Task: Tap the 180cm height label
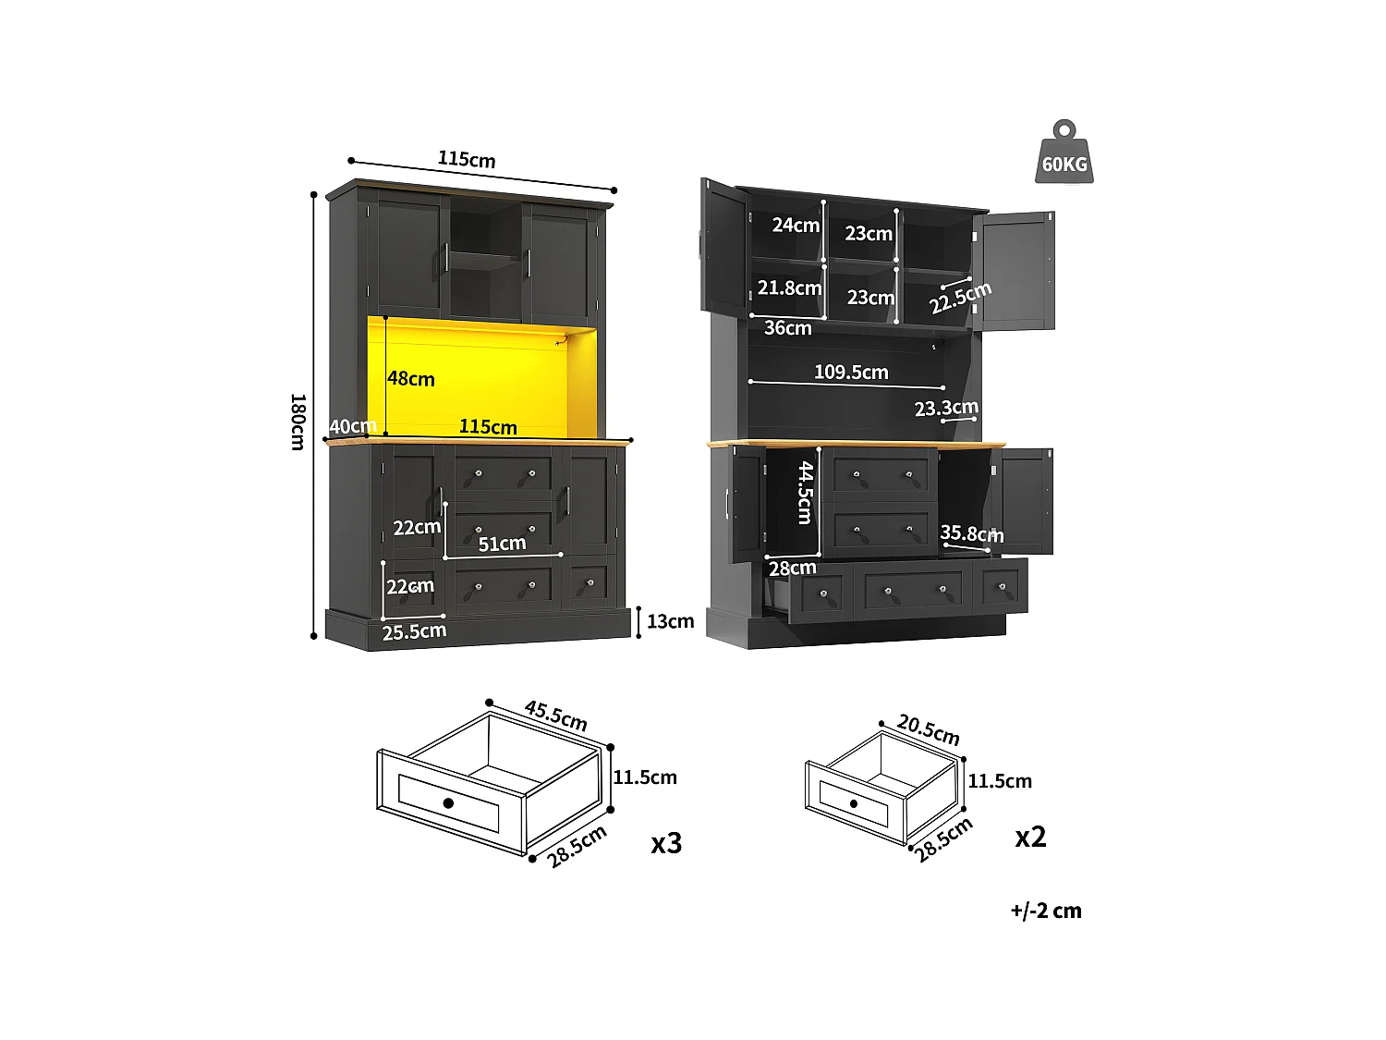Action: [x=298, y=422]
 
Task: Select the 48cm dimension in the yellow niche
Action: [x=411, y=379]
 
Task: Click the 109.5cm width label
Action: [x=851, y=373]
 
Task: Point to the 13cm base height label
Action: [x=670, y=622]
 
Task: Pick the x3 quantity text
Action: [x=666, y=843]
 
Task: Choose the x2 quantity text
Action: [x=1030, y=837]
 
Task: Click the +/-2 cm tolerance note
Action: [x=1046, y=911]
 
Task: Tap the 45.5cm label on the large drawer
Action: [x=555, y=716]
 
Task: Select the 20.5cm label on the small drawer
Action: [x=929, y=730]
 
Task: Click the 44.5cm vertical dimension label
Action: [x=806, y=493]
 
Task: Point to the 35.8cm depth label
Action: [x=971, y=533]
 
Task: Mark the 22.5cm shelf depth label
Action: [x=960, y=298]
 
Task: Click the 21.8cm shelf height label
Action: [x=789, y=288]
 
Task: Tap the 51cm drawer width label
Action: [x=502, y=544]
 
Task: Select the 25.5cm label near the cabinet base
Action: [x=414, y=632]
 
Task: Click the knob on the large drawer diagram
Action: [x=448, y=802]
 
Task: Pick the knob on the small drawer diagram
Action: [x=854, y=803]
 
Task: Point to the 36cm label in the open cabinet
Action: [x=787, y=328]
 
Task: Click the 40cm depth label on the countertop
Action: [x=352, y=426]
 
